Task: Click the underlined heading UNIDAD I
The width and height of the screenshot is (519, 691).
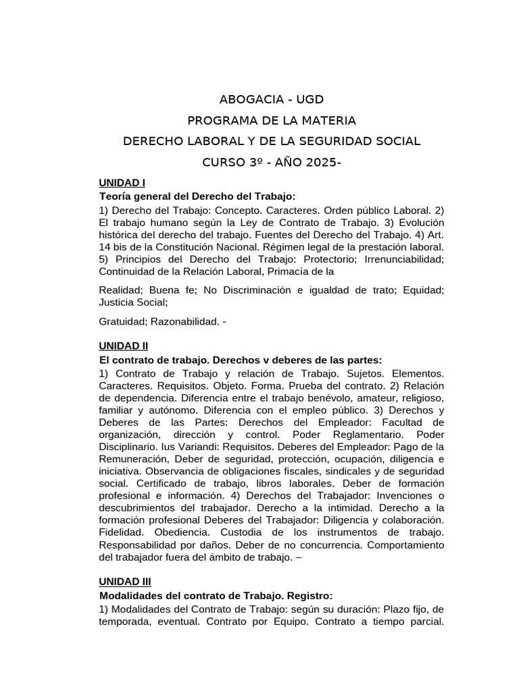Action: tap(122, 183)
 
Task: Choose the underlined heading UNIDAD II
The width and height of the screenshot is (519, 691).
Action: tap(123, 346)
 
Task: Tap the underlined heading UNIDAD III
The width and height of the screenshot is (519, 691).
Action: tap(124, 581)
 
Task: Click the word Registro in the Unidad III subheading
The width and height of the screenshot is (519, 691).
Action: tap(310, 596)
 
